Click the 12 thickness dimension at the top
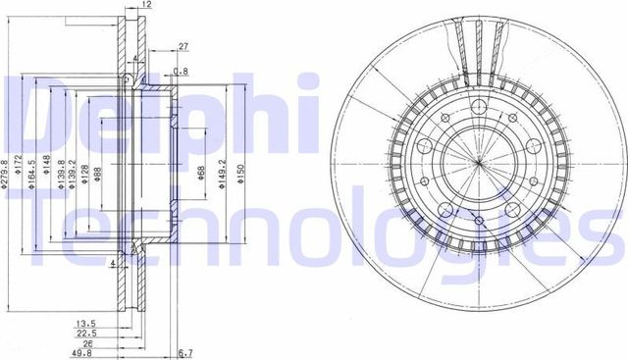click(x=146, y=6)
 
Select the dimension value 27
click(x=183, y=44)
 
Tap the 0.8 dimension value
click(x=181, y=71)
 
